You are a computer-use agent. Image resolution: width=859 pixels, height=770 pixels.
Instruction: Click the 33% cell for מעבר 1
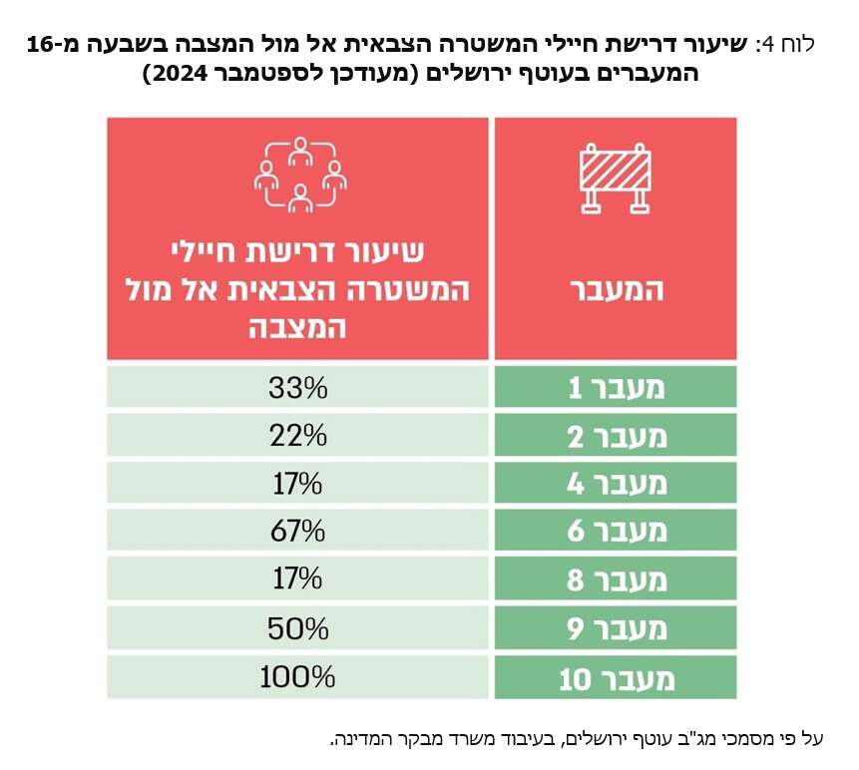pos(297,387)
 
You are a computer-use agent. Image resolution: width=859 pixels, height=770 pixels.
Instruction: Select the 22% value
pos(297,436)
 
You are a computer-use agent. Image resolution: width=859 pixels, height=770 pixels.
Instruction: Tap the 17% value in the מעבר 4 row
pos(297,484)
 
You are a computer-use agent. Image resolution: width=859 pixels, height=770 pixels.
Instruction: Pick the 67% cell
pos(297,532)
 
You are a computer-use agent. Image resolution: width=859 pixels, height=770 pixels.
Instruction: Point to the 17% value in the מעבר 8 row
pos(297,579)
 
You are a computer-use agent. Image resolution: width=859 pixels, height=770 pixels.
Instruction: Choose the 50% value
pos(297,628)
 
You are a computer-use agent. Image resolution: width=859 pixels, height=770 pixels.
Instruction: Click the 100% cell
pos(297,677)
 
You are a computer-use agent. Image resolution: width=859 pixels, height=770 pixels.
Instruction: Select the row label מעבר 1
pos(615,388)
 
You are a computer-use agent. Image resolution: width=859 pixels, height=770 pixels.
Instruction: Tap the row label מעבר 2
pos(615,436)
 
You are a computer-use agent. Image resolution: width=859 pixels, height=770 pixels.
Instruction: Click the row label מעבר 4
pos(615,484)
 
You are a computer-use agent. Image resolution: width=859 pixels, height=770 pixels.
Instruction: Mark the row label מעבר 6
pos(615,532)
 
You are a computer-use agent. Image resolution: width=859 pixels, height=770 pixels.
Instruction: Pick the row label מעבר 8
pos(615,579)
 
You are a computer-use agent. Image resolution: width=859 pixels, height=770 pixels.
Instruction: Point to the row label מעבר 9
pos(615,628)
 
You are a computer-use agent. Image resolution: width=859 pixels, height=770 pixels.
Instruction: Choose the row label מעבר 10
pos(615,679)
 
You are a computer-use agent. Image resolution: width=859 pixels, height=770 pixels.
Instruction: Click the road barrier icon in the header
pos(616,179)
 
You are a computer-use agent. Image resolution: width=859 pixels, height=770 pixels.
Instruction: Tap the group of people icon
pos(298,176)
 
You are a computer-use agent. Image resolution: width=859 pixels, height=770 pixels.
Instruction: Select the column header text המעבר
pos(615,290)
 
